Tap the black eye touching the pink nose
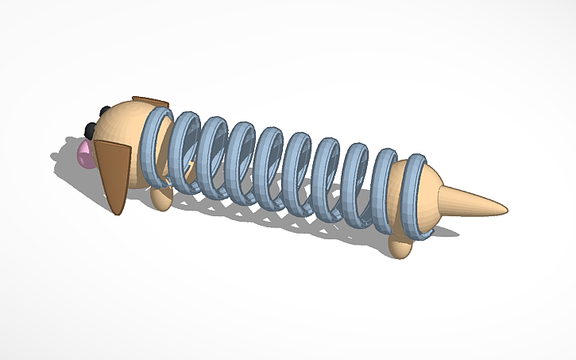click(91, 130)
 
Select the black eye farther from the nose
click(104, 110)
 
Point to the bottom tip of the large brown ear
click(118, 213)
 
